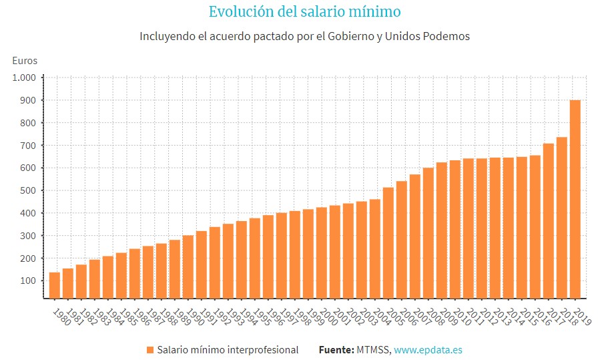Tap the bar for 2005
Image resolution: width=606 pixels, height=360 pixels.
[388, 243]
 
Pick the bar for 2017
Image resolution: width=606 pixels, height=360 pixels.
[548, 221]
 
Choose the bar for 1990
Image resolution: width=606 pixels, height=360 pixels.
[188, 266]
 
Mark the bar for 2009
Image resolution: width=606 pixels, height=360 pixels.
[441, 230]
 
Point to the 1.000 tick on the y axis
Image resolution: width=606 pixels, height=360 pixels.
[24, 77]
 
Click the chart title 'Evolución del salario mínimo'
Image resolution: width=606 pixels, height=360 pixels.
[304, 12]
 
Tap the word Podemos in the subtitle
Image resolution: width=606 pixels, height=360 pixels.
[445, 36]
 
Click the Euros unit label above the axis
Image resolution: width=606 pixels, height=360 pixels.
[25, 61]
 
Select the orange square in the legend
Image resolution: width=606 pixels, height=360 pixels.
[149, 350]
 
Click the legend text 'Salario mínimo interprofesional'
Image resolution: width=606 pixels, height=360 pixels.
[228, 350]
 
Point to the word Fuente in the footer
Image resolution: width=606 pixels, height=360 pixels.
[336, 350]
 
